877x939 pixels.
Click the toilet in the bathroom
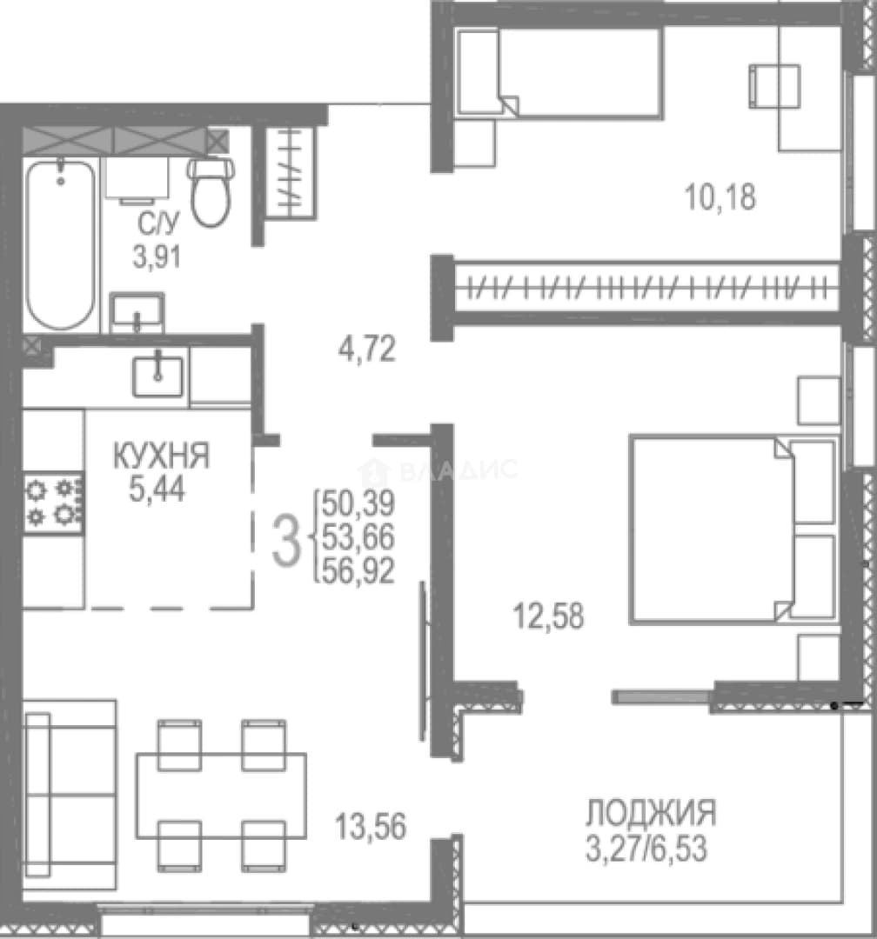click(x=211, y=191)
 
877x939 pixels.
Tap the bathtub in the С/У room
click(x=60, y=244)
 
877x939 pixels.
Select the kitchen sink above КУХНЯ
click(x=157, y=376)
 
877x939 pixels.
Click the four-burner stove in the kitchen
click(x=53, y=503)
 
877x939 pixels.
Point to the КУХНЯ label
click(x=161, y=456)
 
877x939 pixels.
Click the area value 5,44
click(x=157, y=489)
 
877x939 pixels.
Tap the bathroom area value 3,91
click(x=157, y=258)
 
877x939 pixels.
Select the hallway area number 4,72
click(x=367, y=350)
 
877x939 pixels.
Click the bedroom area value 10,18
click(x=720, y=197)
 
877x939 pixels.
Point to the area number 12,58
click(x=548, y=616)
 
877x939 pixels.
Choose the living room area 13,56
click(x=371, y=827)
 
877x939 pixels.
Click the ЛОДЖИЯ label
click(x=651, y=813)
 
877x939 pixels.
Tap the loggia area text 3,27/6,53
click(x=646, y=849)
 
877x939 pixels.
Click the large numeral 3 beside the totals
click(x=286, y=542)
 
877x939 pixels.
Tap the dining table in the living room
click(x=221, y=796)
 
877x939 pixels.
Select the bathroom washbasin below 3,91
click(x=137, y=313)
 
